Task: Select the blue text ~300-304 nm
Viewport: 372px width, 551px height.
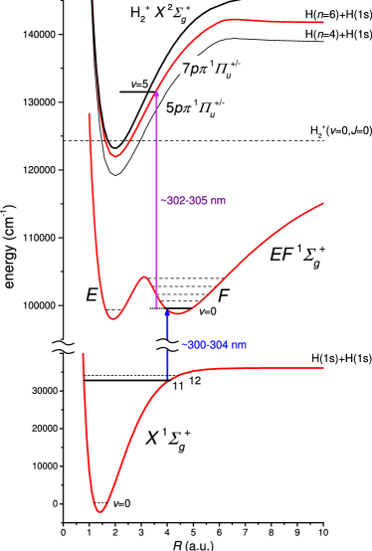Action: pyautogui.click(x=213, y=345)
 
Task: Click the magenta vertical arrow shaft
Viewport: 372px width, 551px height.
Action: pyautogui.click(x=156, y=199)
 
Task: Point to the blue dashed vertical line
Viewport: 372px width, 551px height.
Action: pyautogui.click(x=167, y=343)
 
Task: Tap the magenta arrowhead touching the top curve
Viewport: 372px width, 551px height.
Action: pyautogui.click(x=156, y=93)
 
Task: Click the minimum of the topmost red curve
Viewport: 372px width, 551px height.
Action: pyautogui.click(x=116, y=156)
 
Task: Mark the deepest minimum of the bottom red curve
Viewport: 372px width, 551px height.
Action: pyautogui.click(x=99, y=511)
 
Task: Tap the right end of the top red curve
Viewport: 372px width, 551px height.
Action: pyautogui.click(x=323, y=22)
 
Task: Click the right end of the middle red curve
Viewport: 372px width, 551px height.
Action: pyautogui.click(x=323, y=203)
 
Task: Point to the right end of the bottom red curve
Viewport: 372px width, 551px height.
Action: pyautogui.click(x=323, y=368)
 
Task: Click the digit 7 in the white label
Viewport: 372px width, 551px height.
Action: pyautogui.click(x=186, y=70)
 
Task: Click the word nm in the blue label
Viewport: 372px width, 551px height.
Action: pyautogui.click(x=238, y=345)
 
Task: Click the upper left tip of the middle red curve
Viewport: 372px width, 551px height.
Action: pyautogui.click(x=90, y=114)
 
